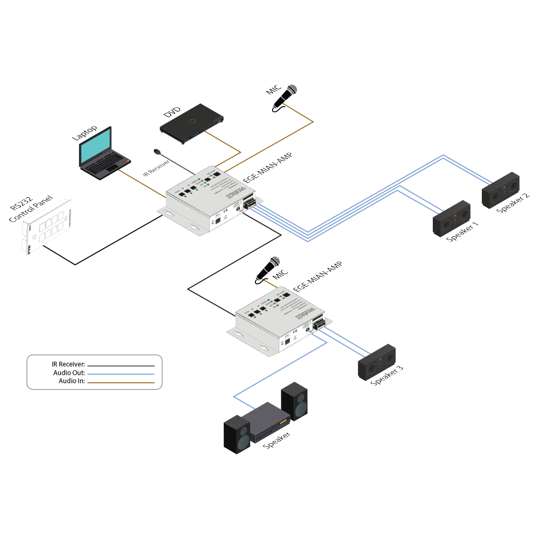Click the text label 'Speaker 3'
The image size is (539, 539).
[x=386, y=376]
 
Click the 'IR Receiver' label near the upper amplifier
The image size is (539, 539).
[x=157, y=167]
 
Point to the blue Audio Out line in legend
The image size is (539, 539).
[x=121, y=373]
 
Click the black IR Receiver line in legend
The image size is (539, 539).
[x=121, y=365]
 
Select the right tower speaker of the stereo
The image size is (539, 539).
[x=295, y=401]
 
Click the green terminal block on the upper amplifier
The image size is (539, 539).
[x=250, y=203]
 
